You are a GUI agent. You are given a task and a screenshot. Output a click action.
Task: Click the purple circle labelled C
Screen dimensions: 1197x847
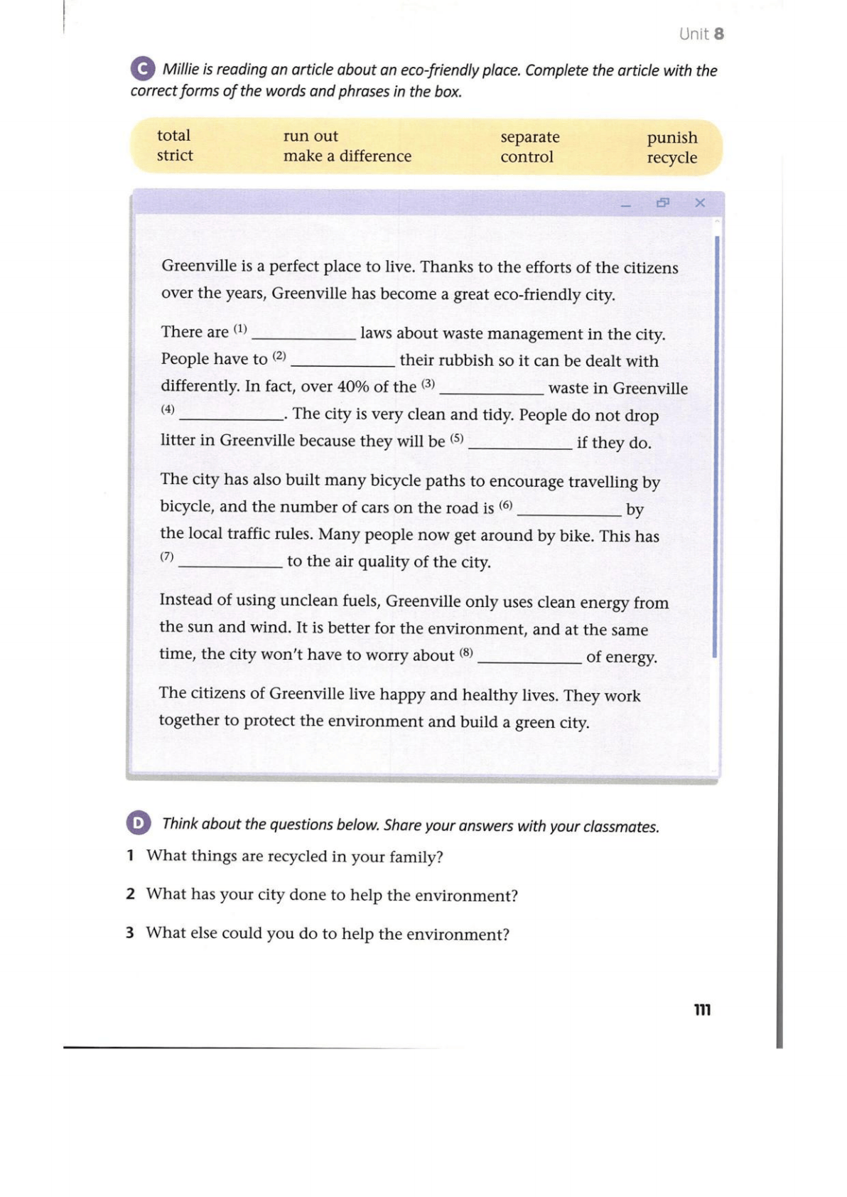(142, 68)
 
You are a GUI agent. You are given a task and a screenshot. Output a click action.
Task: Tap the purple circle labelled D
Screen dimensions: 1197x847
(138, 823)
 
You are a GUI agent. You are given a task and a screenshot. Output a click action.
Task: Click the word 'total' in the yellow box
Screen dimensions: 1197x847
(173, 135)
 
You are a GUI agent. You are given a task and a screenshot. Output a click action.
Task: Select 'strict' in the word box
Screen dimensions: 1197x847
(175, 156)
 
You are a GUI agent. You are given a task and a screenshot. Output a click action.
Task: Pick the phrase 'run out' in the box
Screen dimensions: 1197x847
(311, 136)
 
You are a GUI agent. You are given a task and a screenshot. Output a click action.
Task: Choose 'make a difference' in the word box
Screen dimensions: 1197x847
(347, 156)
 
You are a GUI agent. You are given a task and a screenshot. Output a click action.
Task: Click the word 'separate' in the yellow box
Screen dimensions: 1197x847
(529, 136)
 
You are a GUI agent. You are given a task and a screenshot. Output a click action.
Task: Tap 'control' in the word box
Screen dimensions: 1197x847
(527, 157)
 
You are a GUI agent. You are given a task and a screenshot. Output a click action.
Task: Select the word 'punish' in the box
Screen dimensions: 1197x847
(671, 137)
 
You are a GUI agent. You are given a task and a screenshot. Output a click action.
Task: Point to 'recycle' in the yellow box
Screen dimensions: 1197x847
(671, 158)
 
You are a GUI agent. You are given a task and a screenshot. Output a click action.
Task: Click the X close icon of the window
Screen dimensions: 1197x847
(700, 203)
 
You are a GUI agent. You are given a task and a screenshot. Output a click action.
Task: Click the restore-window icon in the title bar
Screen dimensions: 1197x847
(663, 203)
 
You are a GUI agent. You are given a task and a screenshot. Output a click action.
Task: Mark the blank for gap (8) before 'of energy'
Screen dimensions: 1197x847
(529, 659)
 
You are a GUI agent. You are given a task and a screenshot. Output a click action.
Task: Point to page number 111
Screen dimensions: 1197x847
(702, 1010)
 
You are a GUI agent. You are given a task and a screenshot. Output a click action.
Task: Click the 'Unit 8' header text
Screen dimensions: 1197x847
(701, 34)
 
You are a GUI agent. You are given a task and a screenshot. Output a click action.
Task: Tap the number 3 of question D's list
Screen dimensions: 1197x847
(130, 933)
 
